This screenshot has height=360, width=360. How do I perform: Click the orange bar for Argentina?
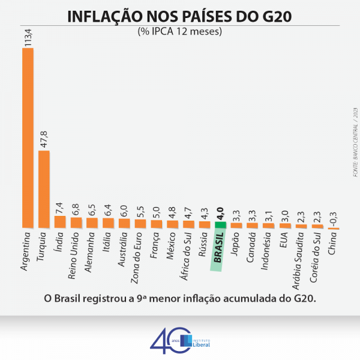(28, 138)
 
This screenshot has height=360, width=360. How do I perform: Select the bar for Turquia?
(44, 189)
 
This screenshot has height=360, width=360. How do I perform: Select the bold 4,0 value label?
(221, 211)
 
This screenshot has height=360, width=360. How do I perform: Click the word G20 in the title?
(274, 16)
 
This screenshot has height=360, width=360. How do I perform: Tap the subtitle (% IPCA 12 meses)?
(180, 31)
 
